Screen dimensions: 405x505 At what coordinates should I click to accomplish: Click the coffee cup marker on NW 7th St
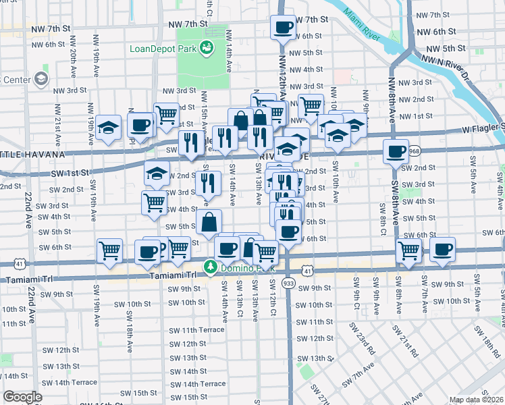(283, 28)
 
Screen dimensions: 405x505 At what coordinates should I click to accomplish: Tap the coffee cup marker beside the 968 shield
(396, 151)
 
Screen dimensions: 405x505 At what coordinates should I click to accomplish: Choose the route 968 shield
(415, 151)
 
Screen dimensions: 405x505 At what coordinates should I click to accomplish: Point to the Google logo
(22, 397)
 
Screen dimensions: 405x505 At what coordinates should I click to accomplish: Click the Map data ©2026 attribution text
(476, 400)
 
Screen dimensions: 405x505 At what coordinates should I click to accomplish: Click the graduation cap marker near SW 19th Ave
(108, 128)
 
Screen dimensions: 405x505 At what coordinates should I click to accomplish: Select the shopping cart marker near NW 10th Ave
(311, 105)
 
